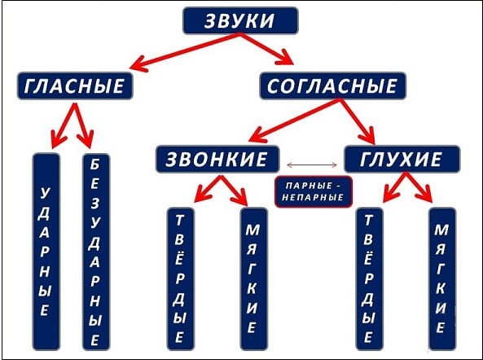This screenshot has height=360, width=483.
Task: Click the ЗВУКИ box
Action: pyautogui.click(x=240, y=20)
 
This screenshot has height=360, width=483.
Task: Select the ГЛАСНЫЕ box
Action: pyautogui.click(x=75, y=86)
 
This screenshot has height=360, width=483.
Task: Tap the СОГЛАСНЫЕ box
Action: pyautogui.click(x=332, y=86)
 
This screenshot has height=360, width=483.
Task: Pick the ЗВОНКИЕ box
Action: pyautogui.click(x=217, y=159)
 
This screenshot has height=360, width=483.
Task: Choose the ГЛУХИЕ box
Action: pyautogui.click(x=402, y=159)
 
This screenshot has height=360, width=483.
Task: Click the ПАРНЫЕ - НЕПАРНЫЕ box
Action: pyautogui.click(x=314, y=192)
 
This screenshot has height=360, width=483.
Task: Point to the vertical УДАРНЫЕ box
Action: pyautogui.click(x=46, y=252)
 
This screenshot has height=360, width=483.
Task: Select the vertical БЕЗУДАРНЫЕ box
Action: pyautogui.click(x=96, y=252)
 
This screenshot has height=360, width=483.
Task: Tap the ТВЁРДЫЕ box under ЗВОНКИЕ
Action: pyautogui.click(x=180, y=279)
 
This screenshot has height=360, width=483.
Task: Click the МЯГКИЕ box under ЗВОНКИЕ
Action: pyautogui.click(x=253, y=279)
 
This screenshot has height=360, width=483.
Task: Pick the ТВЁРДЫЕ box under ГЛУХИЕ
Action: pyautogui.click(x=369, y=279)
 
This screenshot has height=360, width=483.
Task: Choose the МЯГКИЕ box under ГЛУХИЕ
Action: pyautogui.click(x=442, y=279)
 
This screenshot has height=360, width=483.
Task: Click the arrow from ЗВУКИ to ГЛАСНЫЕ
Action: pyautogui.click(x=185, y=51)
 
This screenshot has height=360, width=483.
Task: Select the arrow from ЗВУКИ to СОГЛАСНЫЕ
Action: pyautogui.click(x=266, y=49)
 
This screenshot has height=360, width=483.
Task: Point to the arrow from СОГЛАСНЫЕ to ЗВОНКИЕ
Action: pyautogui.click(x=294, y=120)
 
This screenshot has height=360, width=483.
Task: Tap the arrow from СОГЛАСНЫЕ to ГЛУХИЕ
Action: pyautogui.click(x=358, y=121)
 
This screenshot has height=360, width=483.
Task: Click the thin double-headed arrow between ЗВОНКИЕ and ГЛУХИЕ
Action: pyautogui.click(x=312, y=165)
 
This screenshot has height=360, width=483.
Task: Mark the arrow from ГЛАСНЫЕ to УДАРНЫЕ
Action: pyautogui.click(x=64, y=125)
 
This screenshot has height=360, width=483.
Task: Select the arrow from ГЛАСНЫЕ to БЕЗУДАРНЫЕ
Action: pyautogui.click(x=84, y=125)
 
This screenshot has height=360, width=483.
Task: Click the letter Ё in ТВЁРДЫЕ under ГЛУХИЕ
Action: pyautogui.click(x=369, y=258)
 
